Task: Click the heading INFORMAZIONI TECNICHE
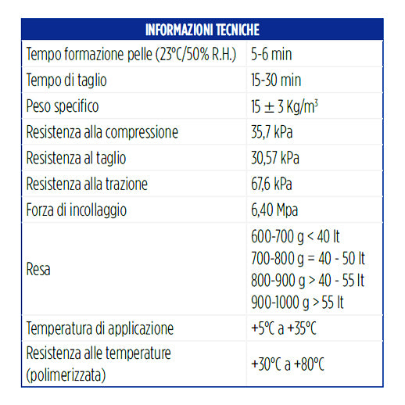click(202, 30)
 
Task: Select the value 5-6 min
click(271, 55)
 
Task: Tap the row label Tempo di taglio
click(66, 81)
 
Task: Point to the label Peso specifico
click(63, 106)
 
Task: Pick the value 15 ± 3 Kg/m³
click(284, 106)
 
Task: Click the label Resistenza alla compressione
click(102, 132)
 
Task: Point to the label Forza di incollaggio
click(77, 210)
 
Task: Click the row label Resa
click(40, 269)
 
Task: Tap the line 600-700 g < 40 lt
click(295, 236)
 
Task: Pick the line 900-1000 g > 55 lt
click(298, 302)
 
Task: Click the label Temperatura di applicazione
click(100, 328)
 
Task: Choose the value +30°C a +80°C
click(288, 364)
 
